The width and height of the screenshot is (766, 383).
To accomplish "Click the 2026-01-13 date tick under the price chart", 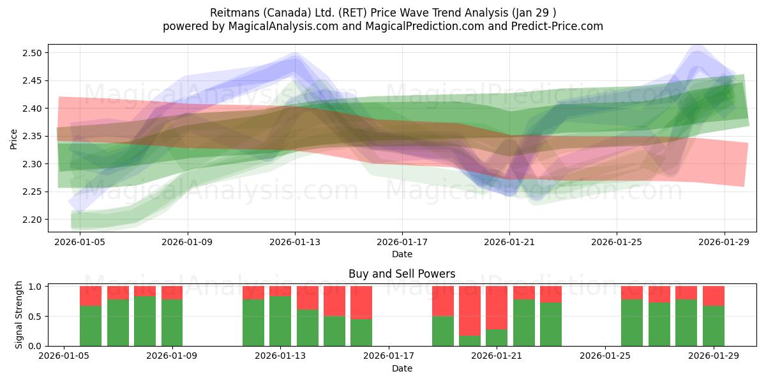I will coord(295,243).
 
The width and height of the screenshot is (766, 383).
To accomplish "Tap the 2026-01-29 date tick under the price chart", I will coord(724,243).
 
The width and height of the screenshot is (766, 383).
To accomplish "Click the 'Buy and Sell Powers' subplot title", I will coord(402,274).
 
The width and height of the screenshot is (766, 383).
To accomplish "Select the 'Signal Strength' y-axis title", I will coord(19,315).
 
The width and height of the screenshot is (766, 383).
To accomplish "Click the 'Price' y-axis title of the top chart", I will coord(14,138).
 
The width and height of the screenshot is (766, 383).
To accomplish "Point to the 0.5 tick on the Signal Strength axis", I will coord(36,317).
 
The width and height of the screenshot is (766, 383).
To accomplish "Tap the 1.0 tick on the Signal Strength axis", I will coord(36,287).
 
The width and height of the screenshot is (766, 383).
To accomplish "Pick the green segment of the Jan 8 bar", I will coord(145,321).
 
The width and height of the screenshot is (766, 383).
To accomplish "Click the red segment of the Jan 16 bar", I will coord(361,302).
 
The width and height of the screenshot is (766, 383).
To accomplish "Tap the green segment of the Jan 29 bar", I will coord(713,326).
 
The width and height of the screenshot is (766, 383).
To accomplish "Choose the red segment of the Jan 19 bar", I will coord(442,301).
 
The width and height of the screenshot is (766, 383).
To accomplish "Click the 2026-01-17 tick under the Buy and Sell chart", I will coord(389,356).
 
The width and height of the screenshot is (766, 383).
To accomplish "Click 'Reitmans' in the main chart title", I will coord(233,13).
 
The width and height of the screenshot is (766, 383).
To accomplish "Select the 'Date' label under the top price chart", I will coord(402,254).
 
